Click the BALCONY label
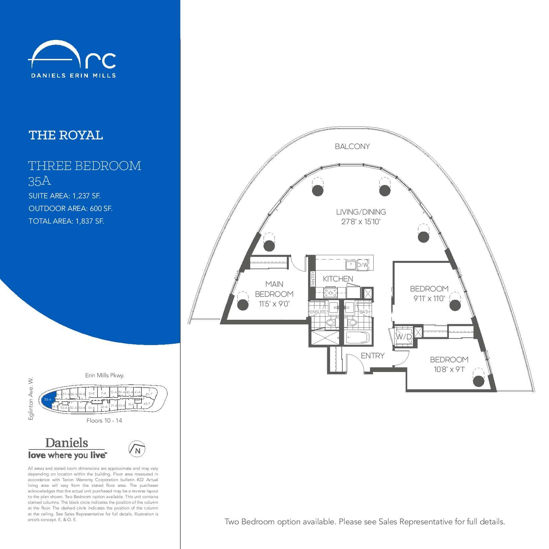click(x=352, y=146)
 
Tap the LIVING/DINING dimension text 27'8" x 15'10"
click(x=361, y=222)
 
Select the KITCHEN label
click(x=338, y=279)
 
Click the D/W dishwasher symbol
click(x=363, y=265)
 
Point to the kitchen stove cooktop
click(x=330, y=293)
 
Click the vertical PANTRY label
click(x=312, y=279)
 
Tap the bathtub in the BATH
click(x=358, y=338)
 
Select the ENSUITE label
click(x=318, y=312)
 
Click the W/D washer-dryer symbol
click(x=404, y=336)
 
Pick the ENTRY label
click(x=372, y=356)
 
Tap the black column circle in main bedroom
click(x=243, y=304)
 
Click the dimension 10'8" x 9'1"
click(x=449, y=369)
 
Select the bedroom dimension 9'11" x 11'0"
click(x=429, y=298)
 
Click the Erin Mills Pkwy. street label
click(x=104, y=375)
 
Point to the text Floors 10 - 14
click(x=104, y=421)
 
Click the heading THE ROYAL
click(x=66, y=135)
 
